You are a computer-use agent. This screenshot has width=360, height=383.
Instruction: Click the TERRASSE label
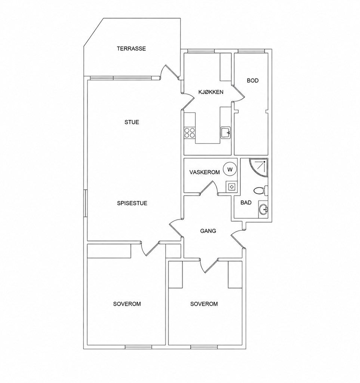131,48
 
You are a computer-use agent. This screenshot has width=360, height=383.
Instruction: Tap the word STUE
132,122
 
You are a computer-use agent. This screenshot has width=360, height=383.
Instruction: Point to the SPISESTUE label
132,203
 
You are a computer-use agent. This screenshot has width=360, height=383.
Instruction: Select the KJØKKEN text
211,92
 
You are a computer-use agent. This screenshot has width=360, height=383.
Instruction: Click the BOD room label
253,80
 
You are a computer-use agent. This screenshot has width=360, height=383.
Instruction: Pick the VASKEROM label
204,172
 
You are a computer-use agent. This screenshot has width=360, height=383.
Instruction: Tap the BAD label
246,202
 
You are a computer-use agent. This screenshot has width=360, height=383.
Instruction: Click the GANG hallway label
208,231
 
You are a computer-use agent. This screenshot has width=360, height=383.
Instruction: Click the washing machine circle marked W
230,169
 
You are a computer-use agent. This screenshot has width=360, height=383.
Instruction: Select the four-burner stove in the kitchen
190,133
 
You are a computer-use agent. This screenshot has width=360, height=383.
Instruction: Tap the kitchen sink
226,133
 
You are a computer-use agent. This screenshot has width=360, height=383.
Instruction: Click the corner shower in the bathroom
259,168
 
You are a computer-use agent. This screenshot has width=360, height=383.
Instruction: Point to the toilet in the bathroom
261,190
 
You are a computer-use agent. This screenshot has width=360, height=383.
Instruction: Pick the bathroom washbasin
263,209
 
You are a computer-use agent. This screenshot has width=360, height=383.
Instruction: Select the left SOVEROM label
127,304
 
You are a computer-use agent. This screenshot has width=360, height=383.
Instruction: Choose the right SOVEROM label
204,304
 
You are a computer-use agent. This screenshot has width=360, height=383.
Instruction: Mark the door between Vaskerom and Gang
208,188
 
